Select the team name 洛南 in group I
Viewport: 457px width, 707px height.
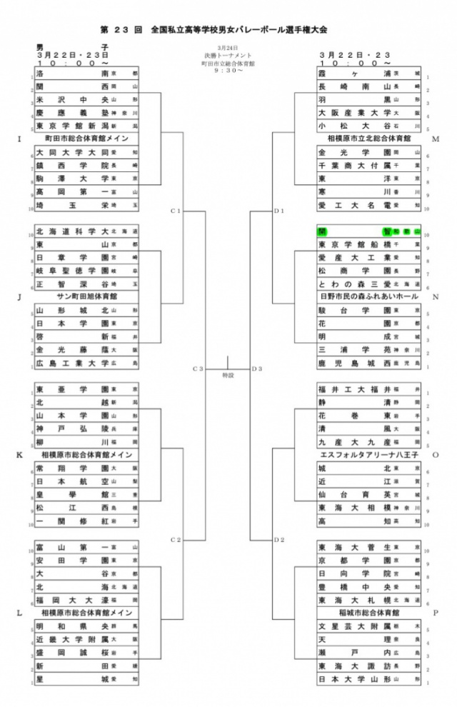[71, 74]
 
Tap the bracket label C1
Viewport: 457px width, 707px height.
[176, 211]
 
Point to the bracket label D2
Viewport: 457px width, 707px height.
[279, 538]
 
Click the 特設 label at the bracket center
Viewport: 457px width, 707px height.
[228, 374]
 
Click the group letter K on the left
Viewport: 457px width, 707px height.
[19, 453]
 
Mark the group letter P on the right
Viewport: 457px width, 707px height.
[435, 612]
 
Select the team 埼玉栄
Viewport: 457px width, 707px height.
[71, 205]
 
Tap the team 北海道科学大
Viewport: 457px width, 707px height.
[71, 231]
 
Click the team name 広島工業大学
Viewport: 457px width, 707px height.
[71, 363]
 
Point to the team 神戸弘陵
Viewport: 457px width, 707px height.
[71, 428]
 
